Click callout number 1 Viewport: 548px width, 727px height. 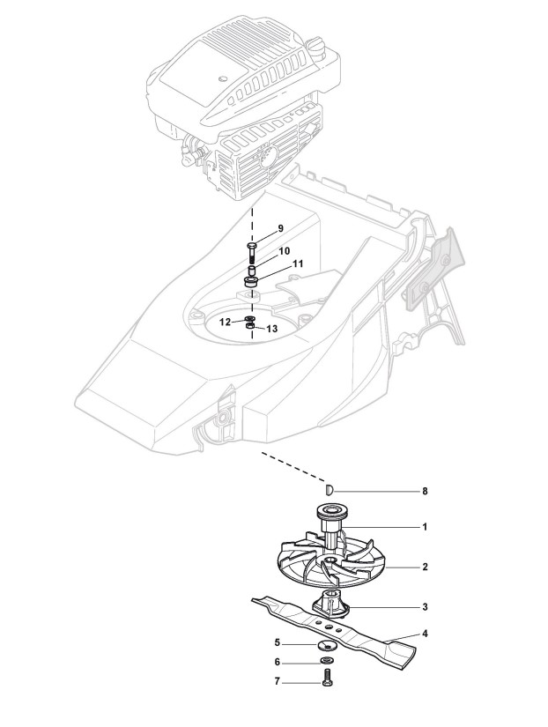pos(425,527)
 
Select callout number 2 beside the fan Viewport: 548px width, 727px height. pos(425,568)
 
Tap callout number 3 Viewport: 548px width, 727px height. pos(425,607)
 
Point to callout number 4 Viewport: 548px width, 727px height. pos(425,633)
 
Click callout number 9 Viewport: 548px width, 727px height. pos(280,228)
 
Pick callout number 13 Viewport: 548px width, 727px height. pos(271,328)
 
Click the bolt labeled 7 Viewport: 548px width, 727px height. pos(328,681)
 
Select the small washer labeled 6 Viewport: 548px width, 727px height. pos(328,662)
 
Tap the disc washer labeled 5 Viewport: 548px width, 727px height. pos(328,643)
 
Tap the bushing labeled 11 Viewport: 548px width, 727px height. pos(252,283)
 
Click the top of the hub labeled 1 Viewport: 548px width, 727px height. pos(328,509)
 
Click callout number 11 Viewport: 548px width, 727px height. pos(298,263)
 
